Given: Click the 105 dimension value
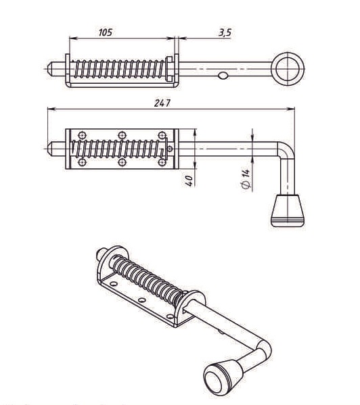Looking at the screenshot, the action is [x=106, y=32].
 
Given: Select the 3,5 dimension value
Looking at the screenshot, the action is [x=225, y=33].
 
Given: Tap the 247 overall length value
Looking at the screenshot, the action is [x=162, y=103].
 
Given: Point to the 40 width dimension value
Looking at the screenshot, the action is [x=189, y=181].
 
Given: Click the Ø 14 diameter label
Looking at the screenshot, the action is [x=246, y=179].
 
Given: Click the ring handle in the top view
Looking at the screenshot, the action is [x=288, y=69].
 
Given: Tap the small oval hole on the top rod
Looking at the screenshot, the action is [x=223, y=76].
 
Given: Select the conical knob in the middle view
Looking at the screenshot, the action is [x=288, y=210].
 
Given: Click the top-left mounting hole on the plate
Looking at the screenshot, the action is [x=82, y=135].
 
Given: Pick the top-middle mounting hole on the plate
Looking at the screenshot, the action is [x=122, y=135].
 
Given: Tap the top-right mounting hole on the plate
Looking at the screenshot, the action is [x=162, y=135].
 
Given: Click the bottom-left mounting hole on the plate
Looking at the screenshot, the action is [x=82, y=162].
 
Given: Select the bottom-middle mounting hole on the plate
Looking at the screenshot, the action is [x=122, y=162].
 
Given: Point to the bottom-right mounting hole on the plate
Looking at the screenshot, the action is [x=162, y=162].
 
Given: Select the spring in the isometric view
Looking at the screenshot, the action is [x=148, y=279].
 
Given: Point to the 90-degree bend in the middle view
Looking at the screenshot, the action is [x=286, y=149].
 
